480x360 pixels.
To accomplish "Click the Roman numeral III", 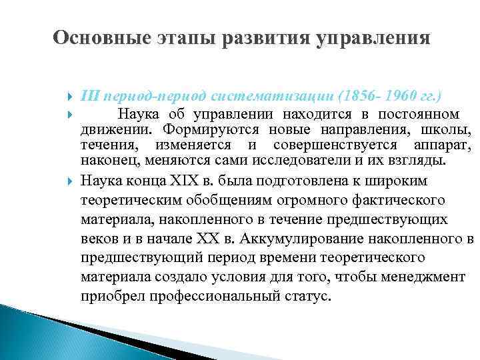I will coord(90,95).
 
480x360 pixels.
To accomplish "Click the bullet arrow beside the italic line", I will coord(71,95).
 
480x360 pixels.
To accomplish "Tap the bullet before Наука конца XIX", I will coord(71,181).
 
